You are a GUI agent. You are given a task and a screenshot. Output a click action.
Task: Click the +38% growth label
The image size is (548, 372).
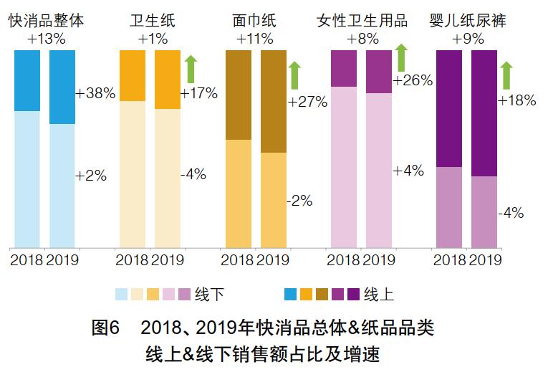pyautogui.click(x=95, y=94)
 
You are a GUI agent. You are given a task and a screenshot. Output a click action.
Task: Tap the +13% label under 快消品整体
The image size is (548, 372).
pyautogui.click(x=45, y=39)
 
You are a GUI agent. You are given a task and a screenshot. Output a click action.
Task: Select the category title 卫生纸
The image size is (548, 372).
pyautogui.click(x=153, y=21)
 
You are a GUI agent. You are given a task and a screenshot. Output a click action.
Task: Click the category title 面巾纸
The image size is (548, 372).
pyautogui.click(x=255, y=21)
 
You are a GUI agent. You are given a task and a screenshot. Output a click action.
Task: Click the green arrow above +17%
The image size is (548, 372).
pyautogui.click(x=191, y=69)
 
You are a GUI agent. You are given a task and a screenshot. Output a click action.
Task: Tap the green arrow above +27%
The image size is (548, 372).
pyautogui.click(x=295, y=75)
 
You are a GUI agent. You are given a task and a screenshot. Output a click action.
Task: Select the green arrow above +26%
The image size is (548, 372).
pyautogui.click(x=401, y=57)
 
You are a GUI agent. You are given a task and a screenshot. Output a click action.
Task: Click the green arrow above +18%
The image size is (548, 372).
pyautogui.click(x=507, y=75)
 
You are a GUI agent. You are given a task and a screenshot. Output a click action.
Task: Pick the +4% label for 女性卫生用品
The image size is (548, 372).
pyautogui.click(x=408, y=171)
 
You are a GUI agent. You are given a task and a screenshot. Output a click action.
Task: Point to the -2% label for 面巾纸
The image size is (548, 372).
pyautogui.click(x=299, y=201)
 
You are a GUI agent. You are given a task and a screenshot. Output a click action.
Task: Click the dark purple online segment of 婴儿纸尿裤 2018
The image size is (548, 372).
pyautogui.click(x=449, y=108)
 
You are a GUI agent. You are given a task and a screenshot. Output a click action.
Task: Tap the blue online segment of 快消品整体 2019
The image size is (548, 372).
pyautogui.click(x=62, y=87)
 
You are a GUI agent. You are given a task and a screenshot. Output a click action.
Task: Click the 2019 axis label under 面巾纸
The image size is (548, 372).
pyautogui.click(x=273, y=259)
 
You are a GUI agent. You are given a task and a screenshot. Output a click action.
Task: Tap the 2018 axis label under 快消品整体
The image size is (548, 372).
pyautogui.click(x=27, y=259)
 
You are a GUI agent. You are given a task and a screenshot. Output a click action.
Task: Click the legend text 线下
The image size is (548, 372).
pyautogui.click(x=208, y=294)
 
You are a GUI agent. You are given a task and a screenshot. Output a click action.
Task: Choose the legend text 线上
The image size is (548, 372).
pyautogui.click(x=379, y=294)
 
